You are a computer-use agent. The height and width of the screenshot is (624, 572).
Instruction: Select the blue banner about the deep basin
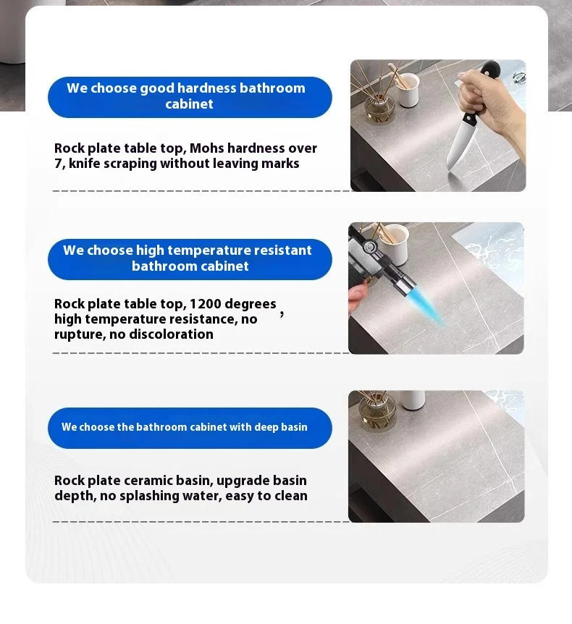pos(190,428)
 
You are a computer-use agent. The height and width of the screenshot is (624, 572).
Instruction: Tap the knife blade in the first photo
pos(459,146)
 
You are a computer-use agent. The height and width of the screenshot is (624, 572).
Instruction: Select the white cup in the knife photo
pos(408,90)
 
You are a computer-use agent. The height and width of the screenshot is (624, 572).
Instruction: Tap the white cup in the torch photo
pos(395,243)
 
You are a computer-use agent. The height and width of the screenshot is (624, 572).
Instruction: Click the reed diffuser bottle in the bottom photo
pos(377,412)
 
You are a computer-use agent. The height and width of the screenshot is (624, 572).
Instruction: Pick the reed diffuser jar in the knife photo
pos(379,106)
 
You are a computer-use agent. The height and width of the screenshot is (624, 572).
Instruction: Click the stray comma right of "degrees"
pos(282,315)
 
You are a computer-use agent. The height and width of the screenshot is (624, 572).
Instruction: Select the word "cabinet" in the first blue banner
pos(190,104)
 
